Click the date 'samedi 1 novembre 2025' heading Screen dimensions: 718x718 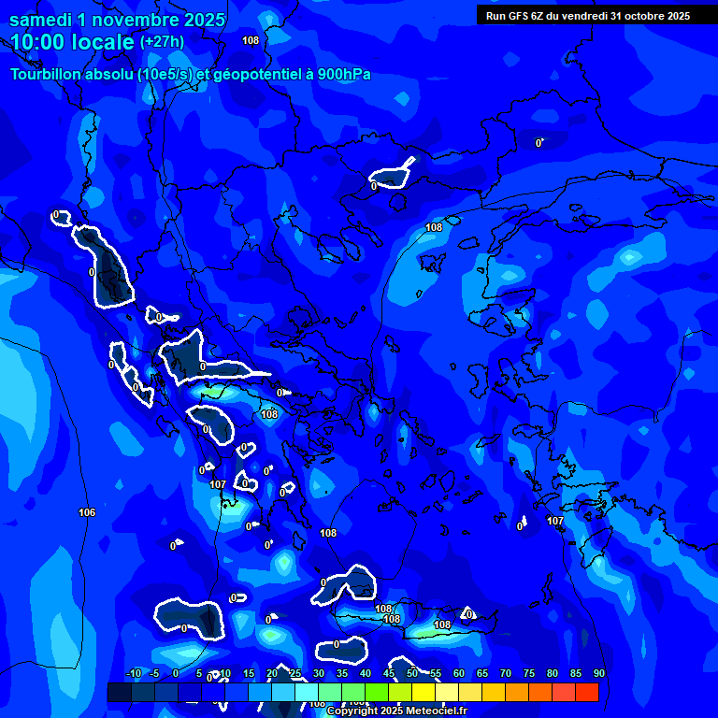[x=117, y=20]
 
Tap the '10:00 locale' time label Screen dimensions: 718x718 [x=72, y=42]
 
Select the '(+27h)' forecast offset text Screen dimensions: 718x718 [x=162, y=42]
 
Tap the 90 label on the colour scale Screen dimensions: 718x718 [x=598, y=673]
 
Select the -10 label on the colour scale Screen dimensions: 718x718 [x=133, y=673]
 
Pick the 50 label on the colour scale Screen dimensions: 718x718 [x=412, y=673]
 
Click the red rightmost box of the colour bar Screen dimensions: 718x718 [x=586, y=692]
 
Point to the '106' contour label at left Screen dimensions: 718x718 [x=87, y=512]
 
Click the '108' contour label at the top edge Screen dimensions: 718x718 [x=251, y=40]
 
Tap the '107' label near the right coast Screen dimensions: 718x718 [x=555, y=521]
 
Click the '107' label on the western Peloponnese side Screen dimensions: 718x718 [x=218, y=484]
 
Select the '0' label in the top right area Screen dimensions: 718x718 [x=538, y=143]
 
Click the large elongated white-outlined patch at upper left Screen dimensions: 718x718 [x=105, y=268]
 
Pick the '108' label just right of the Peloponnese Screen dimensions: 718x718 [x=328, y=533]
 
